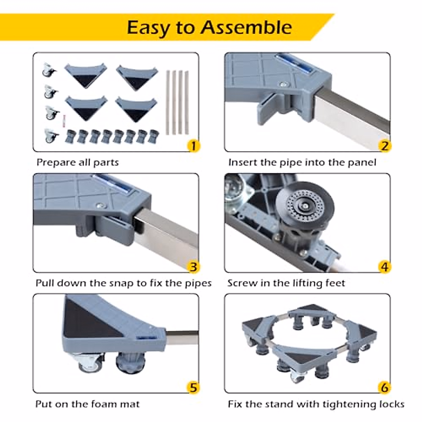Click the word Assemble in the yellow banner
[x=247, y=27]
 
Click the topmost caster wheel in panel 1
[x=49, y=70]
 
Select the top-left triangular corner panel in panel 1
[x=85, y=75]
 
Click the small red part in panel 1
[x=64, y=121]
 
